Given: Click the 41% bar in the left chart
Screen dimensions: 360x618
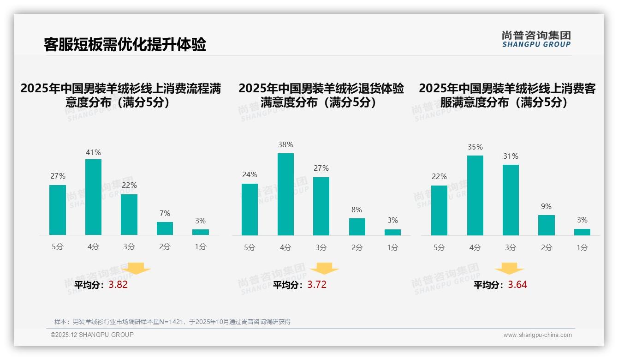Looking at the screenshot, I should pyautogui.click(x=93, y=197).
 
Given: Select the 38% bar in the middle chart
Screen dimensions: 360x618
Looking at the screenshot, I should pyautogui.click(x=285, y=194).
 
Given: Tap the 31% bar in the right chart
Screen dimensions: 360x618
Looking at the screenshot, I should pyautogui.click(x=511, y=200).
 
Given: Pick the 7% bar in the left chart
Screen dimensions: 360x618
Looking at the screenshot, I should pyautogui.click(x=165, y=228).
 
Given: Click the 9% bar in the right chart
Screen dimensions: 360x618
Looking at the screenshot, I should pyautogui.click(x=546, y=225).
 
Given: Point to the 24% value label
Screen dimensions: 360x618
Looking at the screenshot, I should pyautogui.click(x=250, y=174).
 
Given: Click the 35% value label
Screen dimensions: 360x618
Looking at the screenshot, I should pyautogui.click(x=475, y=147).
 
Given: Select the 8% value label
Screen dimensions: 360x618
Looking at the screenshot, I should pyautogui.click(x=357, y=210).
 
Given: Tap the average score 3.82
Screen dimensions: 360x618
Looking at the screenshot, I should pyautogui.click(x=118, y=285).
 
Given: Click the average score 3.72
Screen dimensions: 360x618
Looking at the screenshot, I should pyautogui.click(x=317, y=285).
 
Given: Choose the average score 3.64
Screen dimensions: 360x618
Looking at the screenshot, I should pyautogui.click(x=517, y=285).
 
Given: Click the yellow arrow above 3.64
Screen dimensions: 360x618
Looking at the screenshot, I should pyautogui.click(x=509, y=269).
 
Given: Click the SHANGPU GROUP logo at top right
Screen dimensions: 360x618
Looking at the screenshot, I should pyautogui.click(x=536, y=39).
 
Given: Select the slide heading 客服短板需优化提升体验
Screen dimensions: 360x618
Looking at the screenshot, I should pyautogui.click(x=125, y=44).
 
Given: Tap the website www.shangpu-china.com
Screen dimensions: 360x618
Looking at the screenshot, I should pyautogui.click(x=537, y=335).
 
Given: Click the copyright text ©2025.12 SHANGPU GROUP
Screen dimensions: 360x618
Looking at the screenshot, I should pyautogui.click(x=92, y=335).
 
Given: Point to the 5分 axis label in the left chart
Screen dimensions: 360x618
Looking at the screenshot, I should pyautogui.click(x=58, y=247).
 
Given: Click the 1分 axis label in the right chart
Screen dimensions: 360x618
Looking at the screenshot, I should pyautogui.click(x=582, y=247).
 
